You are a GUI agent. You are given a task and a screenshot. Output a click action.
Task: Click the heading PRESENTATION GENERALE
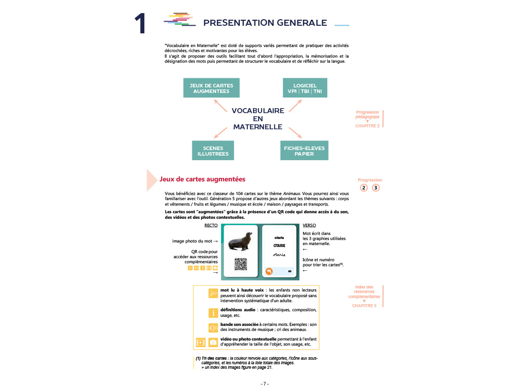point(265,23)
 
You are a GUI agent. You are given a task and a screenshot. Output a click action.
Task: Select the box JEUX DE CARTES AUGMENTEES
point(211,88)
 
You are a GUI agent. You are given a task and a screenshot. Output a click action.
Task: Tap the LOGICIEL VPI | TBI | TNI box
point(304,88)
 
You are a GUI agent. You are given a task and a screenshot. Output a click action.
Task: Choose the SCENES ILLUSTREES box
point(213,151)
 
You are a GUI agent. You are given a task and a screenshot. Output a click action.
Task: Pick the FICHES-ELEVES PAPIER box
point(304,151)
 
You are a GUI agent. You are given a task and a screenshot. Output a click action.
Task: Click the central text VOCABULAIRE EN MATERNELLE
point(257,119)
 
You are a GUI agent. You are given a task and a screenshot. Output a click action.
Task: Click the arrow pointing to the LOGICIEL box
point(295,105)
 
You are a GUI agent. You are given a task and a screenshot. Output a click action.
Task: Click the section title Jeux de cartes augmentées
point(202,179)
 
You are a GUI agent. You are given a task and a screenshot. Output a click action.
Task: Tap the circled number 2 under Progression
point(364,188)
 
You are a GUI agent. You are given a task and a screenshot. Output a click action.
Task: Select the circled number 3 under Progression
point(376,188)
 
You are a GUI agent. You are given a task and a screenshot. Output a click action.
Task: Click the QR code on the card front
point(241,264)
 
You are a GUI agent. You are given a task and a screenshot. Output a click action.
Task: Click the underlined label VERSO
point(309,226)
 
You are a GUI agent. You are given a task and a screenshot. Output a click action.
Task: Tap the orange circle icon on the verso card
point(269,272)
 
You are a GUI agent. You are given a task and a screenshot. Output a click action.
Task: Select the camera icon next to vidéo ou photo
point(213,342)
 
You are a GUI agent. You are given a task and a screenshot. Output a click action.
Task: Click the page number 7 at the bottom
point(265,383)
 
